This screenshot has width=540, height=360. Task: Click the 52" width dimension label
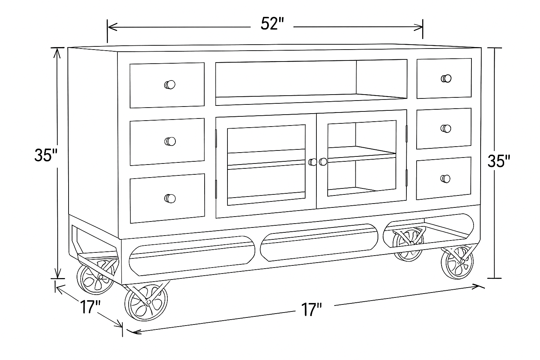click(272, 24)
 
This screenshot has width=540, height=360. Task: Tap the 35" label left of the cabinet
click(45, 155)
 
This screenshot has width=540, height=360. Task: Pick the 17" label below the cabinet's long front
click(311, 310)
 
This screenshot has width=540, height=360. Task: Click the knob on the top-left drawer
click(170, 85)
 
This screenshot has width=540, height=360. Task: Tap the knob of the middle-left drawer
click(170, 141)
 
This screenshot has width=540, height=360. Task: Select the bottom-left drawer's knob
click(170, 198)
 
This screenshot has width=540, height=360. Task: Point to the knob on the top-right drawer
click(446, 78)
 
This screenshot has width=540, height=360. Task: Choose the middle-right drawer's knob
click(445, 128)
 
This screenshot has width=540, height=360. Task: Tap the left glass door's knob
click(312, 162)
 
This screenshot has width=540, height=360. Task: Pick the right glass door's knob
click(323, 161)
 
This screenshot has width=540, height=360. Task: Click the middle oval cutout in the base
click(320, 242)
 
